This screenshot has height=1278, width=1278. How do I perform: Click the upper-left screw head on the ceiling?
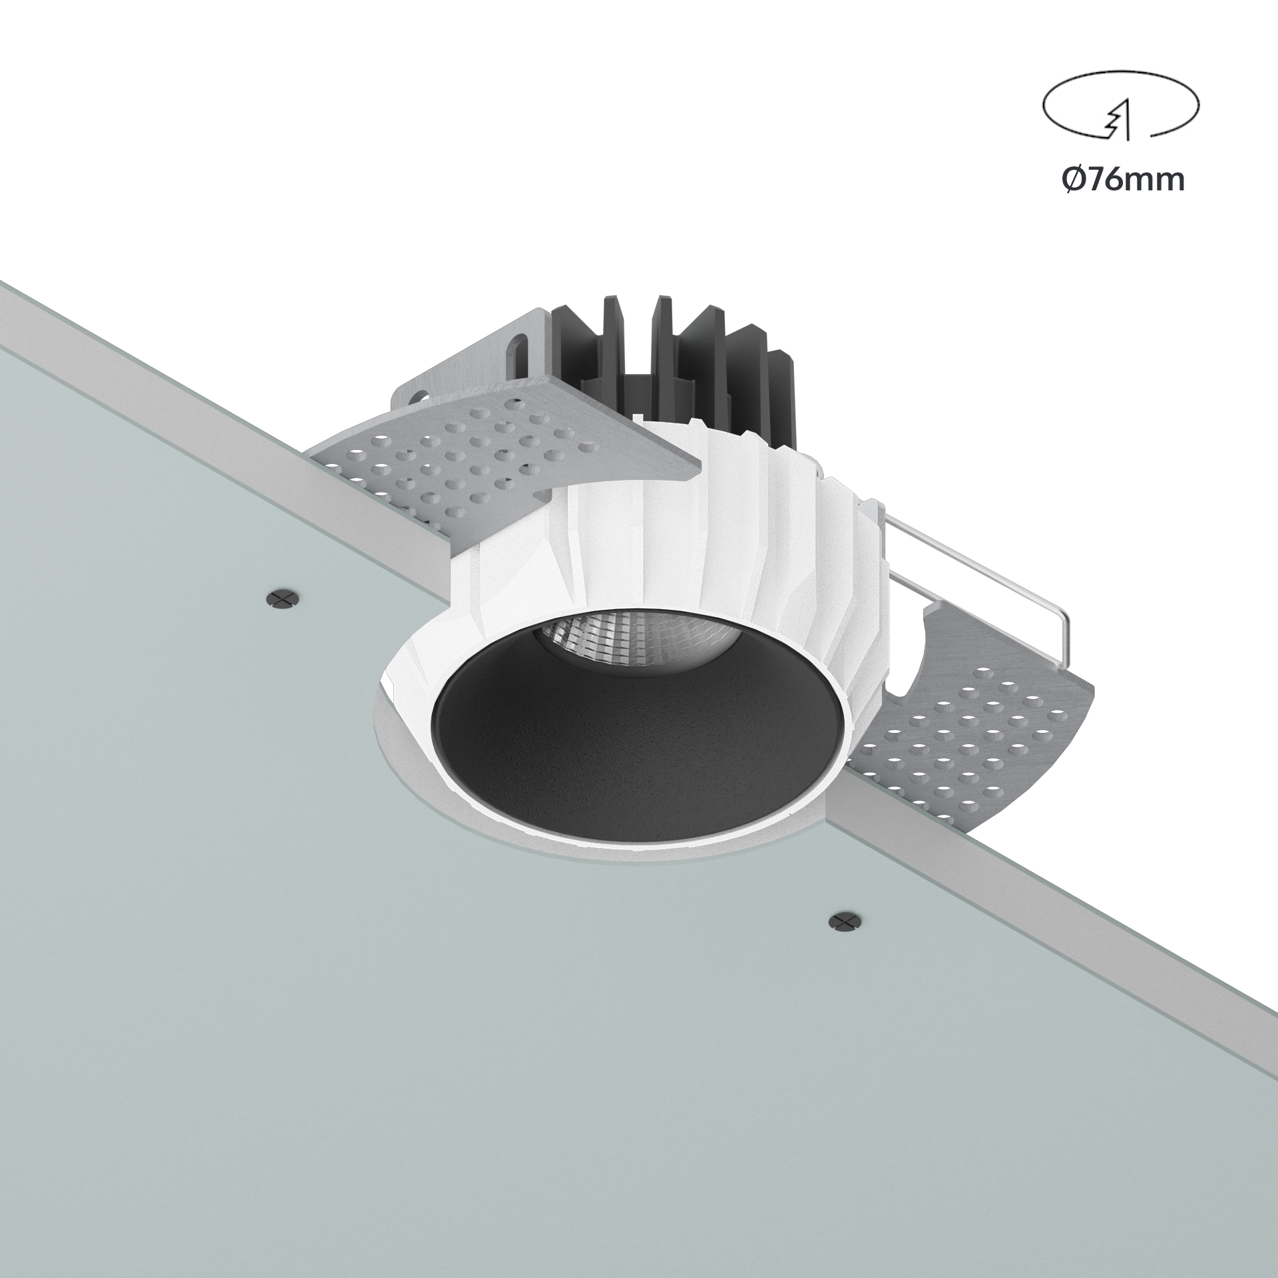click(283, 598)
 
